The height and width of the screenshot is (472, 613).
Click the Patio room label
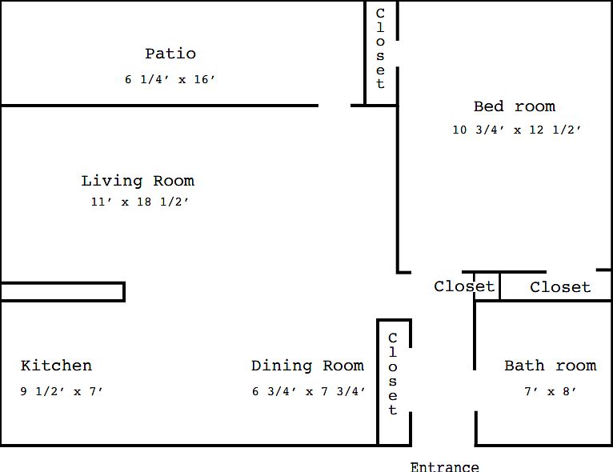tap(170, 54)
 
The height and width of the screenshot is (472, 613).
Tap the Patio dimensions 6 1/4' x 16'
tap(170, 79)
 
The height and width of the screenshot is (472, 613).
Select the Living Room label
tap(138, 181)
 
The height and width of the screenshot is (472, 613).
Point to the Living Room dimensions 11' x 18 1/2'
tap(140, 202)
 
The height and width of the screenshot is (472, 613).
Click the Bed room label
tap(515, 106)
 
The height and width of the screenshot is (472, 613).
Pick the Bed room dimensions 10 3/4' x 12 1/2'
tap(517, 130)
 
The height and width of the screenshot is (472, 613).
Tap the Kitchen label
tap(56, 366)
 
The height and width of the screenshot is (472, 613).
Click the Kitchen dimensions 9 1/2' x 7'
tap(62, 391)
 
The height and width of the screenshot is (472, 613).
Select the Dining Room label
tap(307, 366)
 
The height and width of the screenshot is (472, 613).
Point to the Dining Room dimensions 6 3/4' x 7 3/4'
tap(309, 391)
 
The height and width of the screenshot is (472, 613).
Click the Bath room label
tap(551, 366)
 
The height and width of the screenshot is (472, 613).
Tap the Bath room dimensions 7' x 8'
tap(551, 391)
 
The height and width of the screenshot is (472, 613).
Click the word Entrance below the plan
tap(444, 466)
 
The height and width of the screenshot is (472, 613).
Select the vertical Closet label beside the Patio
tap(380, 49)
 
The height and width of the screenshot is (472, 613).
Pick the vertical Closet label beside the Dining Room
tap(393, 374)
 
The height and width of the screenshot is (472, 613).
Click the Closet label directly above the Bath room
tap(560, 287)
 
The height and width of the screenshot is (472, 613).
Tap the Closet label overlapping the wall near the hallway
tap(464, 286)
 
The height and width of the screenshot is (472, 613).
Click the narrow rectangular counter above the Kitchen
tap(62, 291)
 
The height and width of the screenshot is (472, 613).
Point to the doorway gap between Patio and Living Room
tap(335, 106)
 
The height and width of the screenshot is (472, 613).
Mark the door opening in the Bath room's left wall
tap(475, 390)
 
